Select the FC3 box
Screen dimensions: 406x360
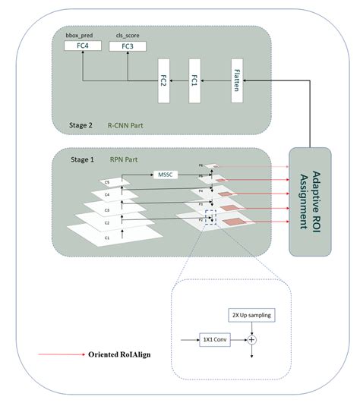point(128,47)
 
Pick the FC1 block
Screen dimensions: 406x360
point(196,79)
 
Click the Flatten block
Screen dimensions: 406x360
point(237,79)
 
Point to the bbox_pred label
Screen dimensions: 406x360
point(81,36)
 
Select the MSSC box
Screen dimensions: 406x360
point(166,174)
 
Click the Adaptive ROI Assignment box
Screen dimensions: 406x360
point(310,200)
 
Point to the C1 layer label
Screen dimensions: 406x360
point(106,238)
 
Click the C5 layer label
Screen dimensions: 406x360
point(106,182)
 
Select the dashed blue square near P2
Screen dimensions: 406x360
point(210,218)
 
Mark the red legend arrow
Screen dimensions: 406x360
point(62,354)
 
